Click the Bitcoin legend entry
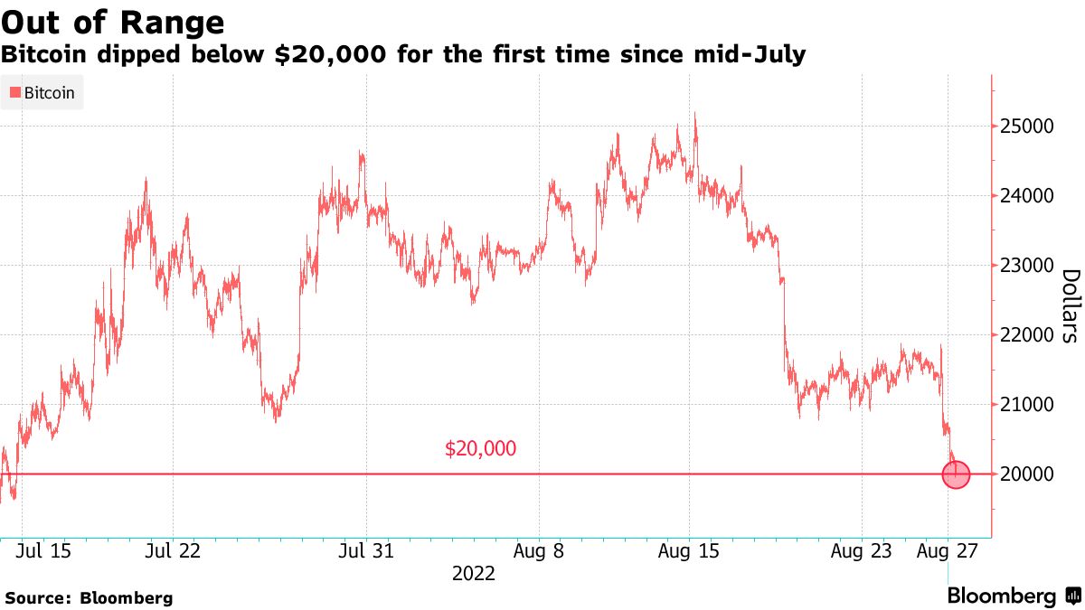tap(42, 92)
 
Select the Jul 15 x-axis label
tap(44, 550)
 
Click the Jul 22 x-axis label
tap(172, 550)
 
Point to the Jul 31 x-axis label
tap(366, 550)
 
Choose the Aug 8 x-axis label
tap(539, 550)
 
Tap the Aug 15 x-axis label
tap(689, 550)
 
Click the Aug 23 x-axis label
tap(861, 550)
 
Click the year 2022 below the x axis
tap(474, 574)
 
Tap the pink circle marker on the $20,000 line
tap(956, 474)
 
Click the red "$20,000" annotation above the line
tap(481, 448)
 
